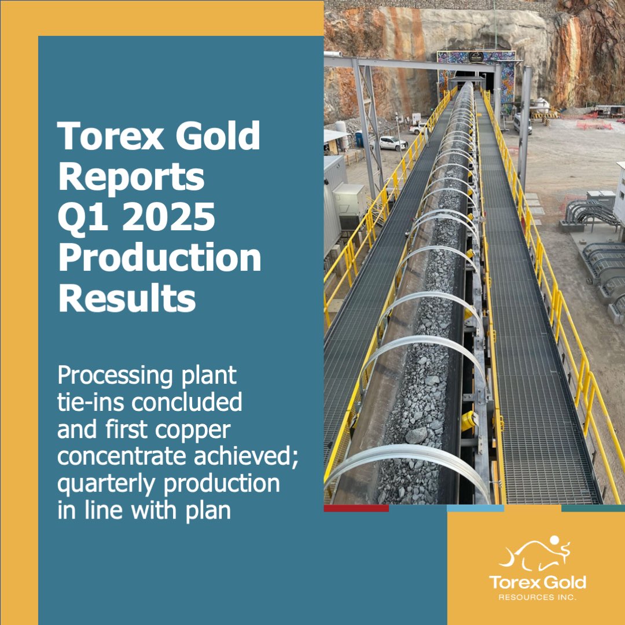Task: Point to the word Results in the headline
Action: tap(127, 299)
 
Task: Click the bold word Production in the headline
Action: tap(160, 259)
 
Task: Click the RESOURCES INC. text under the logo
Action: tap(537, 597)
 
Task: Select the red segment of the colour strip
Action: tap(356, 508)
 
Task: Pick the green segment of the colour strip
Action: tap(593, 508)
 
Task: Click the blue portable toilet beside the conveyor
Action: tap(359, 139)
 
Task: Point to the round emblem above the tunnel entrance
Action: tap(475, 57)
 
